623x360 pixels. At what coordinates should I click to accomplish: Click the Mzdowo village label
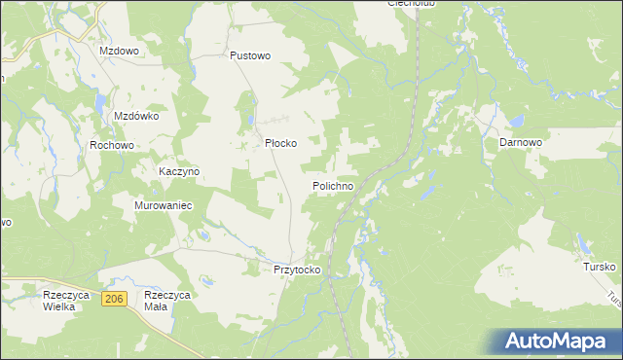[119, 49]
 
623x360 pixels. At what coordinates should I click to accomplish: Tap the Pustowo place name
[249, 56]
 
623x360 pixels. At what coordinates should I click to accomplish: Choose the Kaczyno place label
[179, 171]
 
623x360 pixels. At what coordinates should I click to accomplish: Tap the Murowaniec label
[165, 206]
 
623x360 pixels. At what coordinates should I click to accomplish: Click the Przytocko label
[297, 270]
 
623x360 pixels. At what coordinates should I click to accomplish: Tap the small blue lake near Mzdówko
[98, 100]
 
